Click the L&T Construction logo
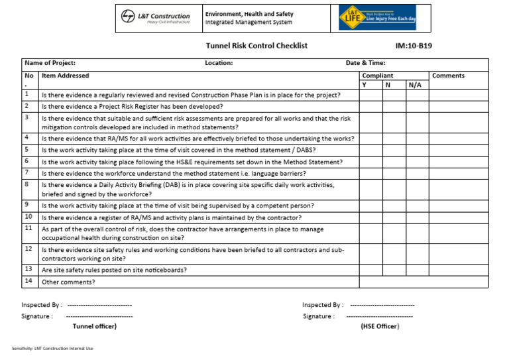point(155,19)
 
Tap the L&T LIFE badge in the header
point(377,17)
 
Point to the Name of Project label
point(50,64)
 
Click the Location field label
point(219,64)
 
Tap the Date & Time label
point(366,64)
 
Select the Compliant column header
point(378,76)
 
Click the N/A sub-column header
point(415,86)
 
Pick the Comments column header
point(448,76)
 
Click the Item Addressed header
point(65,76)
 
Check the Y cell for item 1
point(368,95)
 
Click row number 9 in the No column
point(27,206)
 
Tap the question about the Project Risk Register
point(132,106)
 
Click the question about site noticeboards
point(114,270)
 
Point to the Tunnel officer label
point(95,326)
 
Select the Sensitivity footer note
point(52,349)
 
